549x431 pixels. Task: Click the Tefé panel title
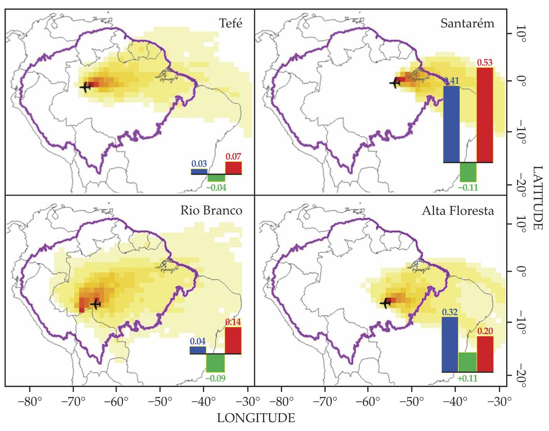click(231, 24)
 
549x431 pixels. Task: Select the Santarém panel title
click(467, 24)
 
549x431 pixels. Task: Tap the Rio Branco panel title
click(211, 211)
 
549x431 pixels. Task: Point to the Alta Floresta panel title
click(458, 211)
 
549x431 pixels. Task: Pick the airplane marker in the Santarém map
click(395, 83)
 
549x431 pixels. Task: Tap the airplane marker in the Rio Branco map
click(95, 304)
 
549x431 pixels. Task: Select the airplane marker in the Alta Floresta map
click(385, 303)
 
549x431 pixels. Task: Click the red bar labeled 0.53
click(485, 115)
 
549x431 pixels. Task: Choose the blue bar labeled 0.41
click(451, 124)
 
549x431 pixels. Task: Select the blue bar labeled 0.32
click(449, 344)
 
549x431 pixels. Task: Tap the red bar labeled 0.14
click(233, 340)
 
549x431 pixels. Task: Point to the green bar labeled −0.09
click(215, 363)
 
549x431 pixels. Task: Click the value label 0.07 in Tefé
click(233, 157)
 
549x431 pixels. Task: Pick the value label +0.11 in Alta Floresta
click(467, 379)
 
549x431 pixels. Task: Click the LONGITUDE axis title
click(256, 418)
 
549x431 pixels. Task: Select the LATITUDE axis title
click(537, 198)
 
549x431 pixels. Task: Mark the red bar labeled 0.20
click(485, 354)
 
